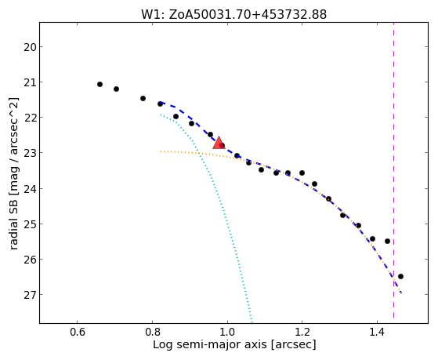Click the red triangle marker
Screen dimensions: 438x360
pyautogui.click(x=219, y=143)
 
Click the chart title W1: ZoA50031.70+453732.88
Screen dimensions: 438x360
pyautogui.click(x=233, y=15)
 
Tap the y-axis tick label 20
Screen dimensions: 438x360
pyautogui.click(x=30, y=47)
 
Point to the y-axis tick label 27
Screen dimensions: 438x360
pyautogui.click(x=30, y=295)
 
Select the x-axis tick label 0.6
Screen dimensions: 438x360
pyautogui.click(x=77, y=333)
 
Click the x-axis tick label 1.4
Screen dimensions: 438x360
pyautogui.click(x=378, y=333)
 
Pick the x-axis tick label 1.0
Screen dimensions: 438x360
pyautogui.click(x=227, y=333)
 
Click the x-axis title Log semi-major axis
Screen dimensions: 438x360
pyautogui.click(x=210, y=345)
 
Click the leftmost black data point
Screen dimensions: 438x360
pyautogui.click(x=100, y=84)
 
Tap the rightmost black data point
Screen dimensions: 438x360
pyautogui.click(x=400, y=276)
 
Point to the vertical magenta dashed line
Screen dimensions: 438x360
pyautogui.click(x=393, y=170)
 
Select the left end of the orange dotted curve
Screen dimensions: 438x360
pyautogui.click(x=161, y=151)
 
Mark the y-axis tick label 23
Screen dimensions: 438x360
pyautogui.click(x=30, y=153)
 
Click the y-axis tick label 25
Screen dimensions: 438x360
pyautogui.click(x=30, y=224)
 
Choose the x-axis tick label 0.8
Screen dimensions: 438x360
pyautogui.click(x=152, y=333)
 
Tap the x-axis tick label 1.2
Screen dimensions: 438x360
pyautogui.click(x=302, y=333)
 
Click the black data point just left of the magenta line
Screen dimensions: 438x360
pyautogui.click(x=387, y=241)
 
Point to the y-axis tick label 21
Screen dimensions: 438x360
pyautogui.click(x=30, y=82)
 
